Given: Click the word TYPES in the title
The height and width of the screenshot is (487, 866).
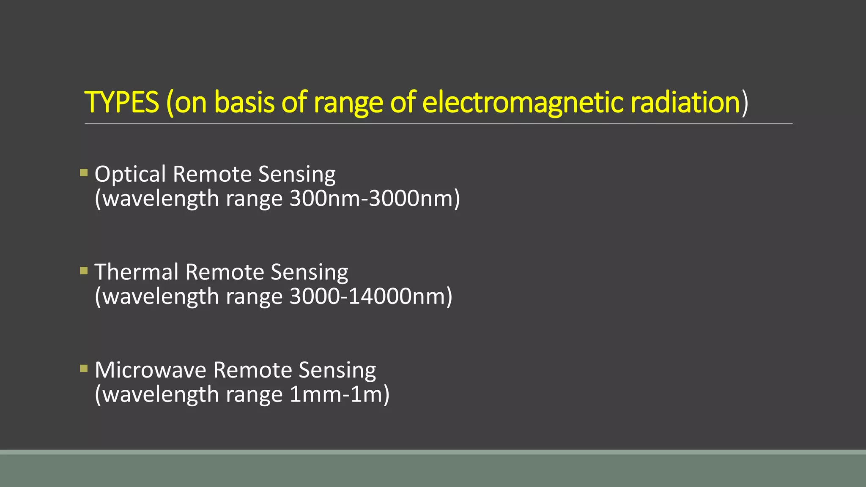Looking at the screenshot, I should [x=122, y=102].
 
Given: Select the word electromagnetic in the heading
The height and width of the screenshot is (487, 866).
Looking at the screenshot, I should [x=523, y=102].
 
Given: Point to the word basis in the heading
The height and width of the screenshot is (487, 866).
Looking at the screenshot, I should [x=244, y=102].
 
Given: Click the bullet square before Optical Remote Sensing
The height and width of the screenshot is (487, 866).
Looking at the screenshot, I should [x=84, y=172].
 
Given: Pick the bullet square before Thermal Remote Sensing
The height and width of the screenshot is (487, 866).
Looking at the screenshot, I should [x=84, y=271].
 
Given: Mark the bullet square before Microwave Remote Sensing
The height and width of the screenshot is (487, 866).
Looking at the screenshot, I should [x=84, y=369].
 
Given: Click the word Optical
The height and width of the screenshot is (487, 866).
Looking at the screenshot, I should [x=130, y=174].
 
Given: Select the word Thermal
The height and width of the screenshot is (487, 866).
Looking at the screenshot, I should [x=136, y=272].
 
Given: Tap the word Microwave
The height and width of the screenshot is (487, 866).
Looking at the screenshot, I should [x=151, y=370].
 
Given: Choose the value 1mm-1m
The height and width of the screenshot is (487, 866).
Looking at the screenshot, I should [x=336, y=394].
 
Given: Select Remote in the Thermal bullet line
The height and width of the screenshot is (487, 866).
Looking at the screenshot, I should [x=225, y=272].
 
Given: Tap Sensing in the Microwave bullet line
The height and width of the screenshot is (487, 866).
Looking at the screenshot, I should [x=337, y=370].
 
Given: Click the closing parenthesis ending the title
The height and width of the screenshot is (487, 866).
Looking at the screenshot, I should [x=745, y=102].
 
